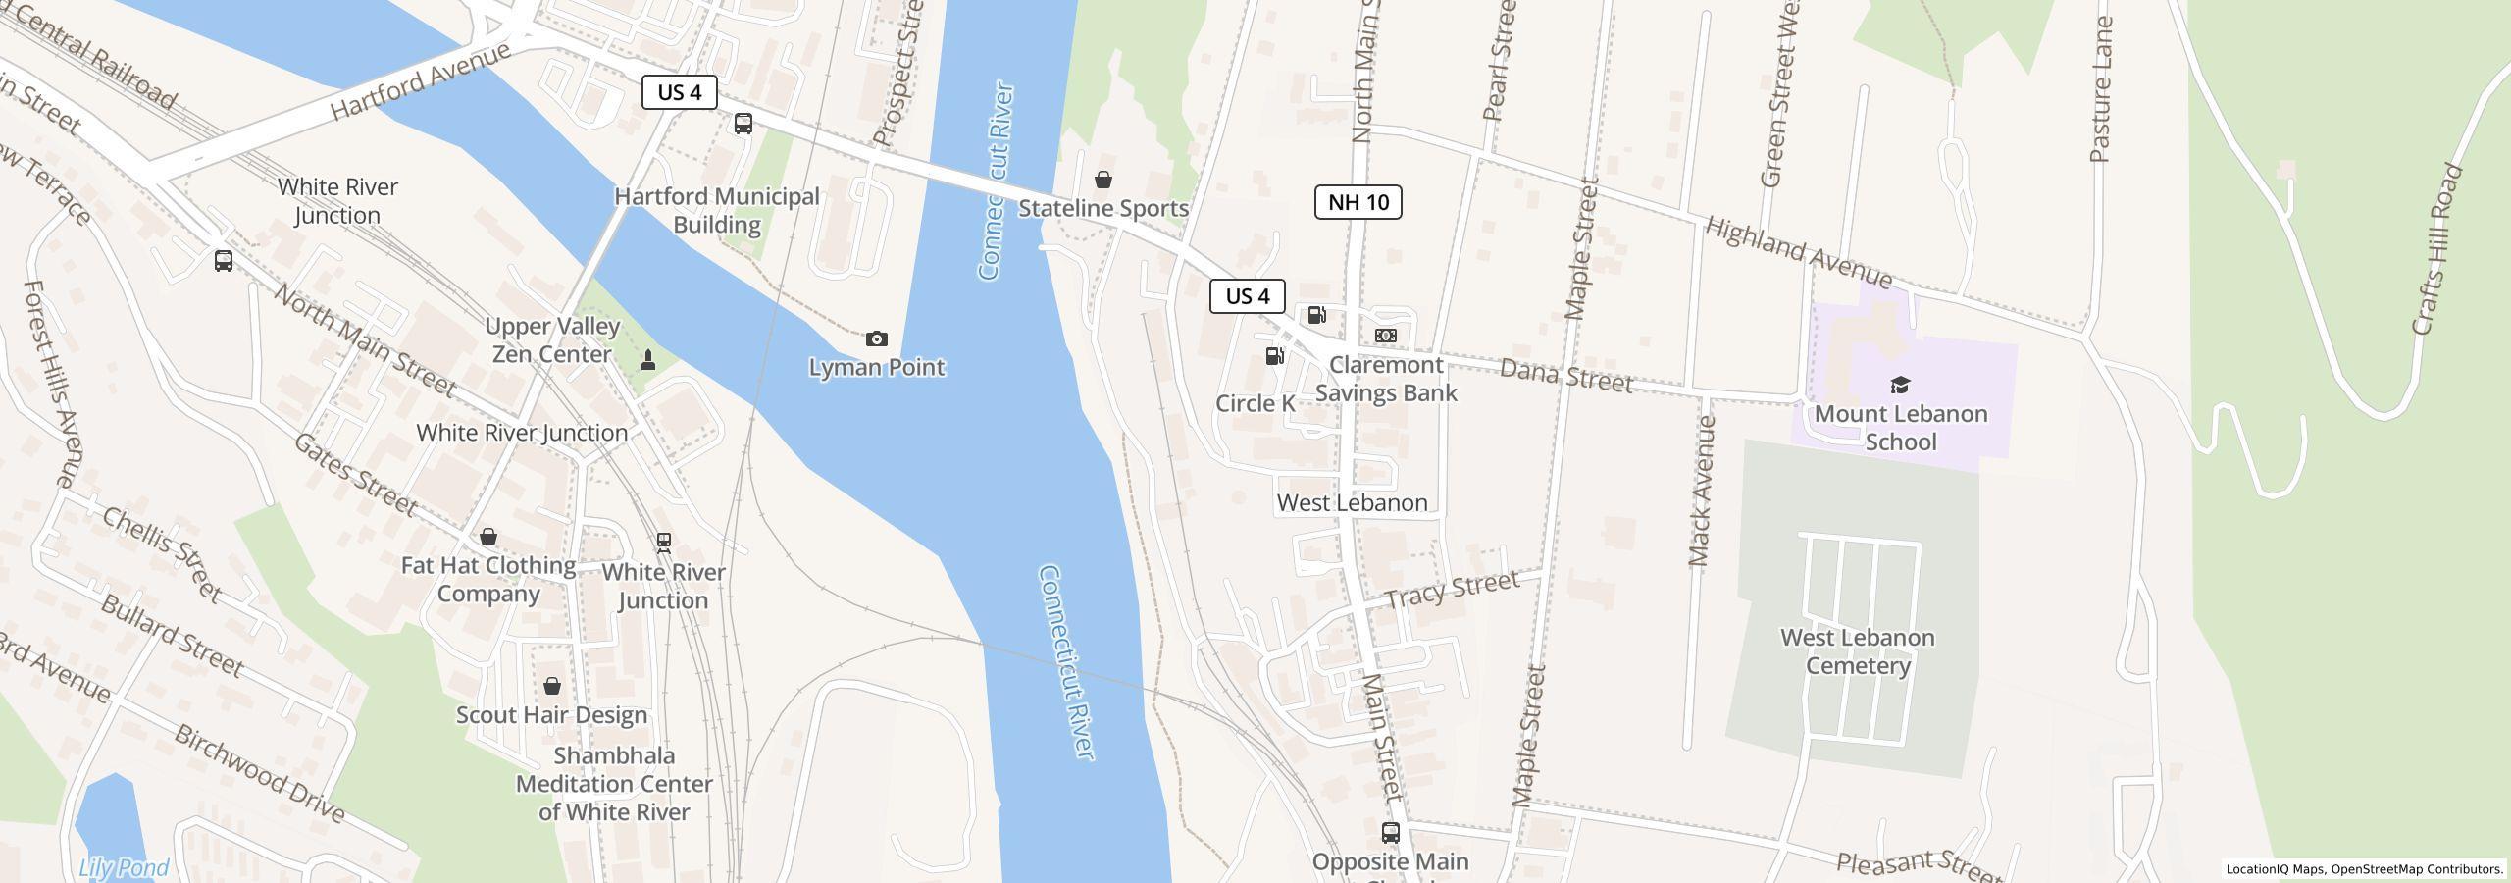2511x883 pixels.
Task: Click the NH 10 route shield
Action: (x=1358, y=202)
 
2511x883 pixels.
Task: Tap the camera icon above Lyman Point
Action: (x=876, y=339)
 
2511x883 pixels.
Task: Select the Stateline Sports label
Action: (x=1102, y=208)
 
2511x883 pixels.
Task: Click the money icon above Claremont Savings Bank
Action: (x=1385, y=336)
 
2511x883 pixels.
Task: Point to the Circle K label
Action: (x=1255, y=403)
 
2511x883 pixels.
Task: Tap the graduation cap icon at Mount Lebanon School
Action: (x=1900, y=385)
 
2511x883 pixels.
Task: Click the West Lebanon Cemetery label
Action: (x=1857, y=651)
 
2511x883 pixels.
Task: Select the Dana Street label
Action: (x=1565, y=376)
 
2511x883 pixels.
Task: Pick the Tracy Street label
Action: (x=1452, y=590)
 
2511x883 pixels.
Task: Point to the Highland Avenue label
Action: (x=1798, y=251)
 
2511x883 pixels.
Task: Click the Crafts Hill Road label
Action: (x=2436, y=249)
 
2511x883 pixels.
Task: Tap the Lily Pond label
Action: (x=124, y=868)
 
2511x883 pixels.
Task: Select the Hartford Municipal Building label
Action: (x=717, y=211)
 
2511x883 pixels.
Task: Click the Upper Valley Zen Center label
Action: (x=552, y=340)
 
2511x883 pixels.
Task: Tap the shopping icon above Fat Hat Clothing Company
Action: (x=487, y=537)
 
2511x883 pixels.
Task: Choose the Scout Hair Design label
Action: (x=551, y=715)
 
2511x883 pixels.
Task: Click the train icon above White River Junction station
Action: (x=664, y=542)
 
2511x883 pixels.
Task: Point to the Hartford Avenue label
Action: (x=420, y=81)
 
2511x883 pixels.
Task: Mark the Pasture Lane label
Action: (x=2100, y=89)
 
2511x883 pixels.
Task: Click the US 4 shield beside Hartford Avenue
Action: (x=679, y=92)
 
